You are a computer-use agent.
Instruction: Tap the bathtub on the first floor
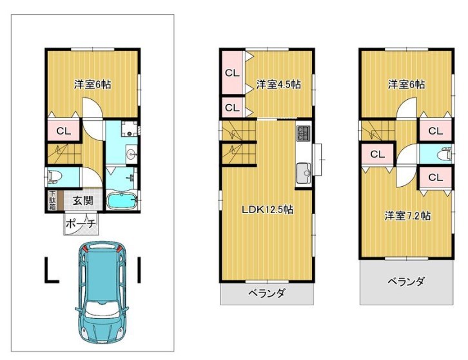pyautogui.click(x=121, y=201)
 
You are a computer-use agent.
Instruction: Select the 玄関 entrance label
pyautogui.click(x=83, y=200)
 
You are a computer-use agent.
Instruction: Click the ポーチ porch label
pyautogui.click(x=81, y=223)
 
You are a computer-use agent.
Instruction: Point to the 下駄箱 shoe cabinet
pyautogui.click(x=52, y=200)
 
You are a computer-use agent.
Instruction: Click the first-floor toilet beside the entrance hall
pyautogui.click(x=53, y=177)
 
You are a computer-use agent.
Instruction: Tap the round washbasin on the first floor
pyautogui.click(x=132, y=154)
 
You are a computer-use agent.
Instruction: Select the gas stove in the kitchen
pyautogui.click(x=303, y=133)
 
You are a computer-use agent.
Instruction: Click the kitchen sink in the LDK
pyautogui.click(x=303, y=173)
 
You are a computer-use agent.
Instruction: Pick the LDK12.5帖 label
pyautogui.click(x=268, y=210)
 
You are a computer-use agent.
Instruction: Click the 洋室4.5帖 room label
pyautogui.click(x=278, y=84)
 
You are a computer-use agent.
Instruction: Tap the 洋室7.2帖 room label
pyautogui.click(x=407, y=216)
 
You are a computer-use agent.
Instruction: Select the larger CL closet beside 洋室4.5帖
pyautogui.click(x=232, y=73)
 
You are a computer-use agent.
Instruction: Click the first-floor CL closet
pyautogui.click(x=64, y=131)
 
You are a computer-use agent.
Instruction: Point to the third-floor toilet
pyautogui.click(x=445, y=154)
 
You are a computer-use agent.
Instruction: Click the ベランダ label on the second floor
pyautogui.click(x=267, y=294)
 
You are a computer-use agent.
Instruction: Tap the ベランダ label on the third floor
pyautogui.click(x=407, y=281)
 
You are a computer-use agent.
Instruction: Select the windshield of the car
pyautogui.click(x=102, y=308)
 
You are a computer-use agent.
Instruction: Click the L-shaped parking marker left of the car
pyautogui.click(x=52, y=270)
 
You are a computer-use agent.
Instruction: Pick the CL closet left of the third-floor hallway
pyautogui.click(x=378, y=154)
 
